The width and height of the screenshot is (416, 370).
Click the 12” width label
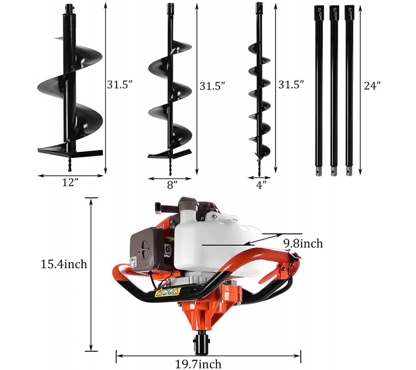pos(70,183)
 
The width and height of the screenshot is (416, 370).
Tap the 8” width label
pos(172,185)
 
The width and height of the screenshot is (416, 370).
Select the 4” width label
pos(261,185)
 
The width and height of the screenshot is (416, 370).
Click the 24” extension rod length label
pos(372,86)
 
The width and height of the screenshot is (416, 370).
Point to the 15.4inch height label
pos(64,265)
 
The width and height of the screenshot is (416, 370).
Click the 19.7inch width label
pos(198,364)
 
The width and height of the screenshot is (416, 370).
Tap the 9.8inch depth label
pos(303,243)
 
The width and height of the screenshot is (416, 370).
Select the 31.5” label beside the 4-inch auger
pos(291,84)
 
